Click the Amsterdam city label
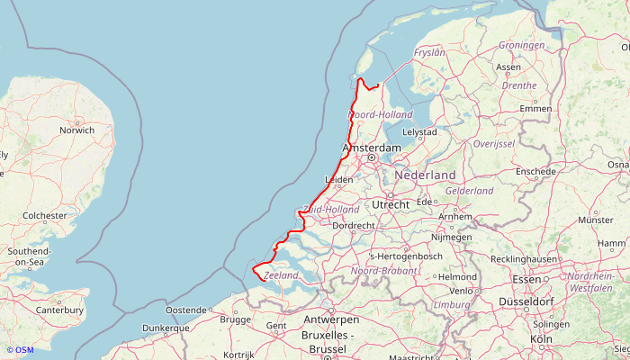(372, 148)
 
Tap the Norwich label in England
(76, 130)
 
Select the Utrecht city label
(391, 204)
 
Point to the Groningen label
(522, 45)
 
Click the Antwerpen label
(331, 319)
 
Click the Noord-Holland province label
(381, 114)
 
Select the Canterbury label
(59, 310)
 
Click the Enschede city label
(536, 171)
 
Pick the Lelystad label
(419, 131)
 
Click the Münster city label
(595, 220)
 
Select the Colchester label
(45, 216)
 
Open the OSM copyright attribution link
(20, 350)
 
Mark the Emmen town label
(535, 109)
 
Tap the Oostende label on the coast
(186, 310)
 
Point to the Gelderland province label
(470, 192)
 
